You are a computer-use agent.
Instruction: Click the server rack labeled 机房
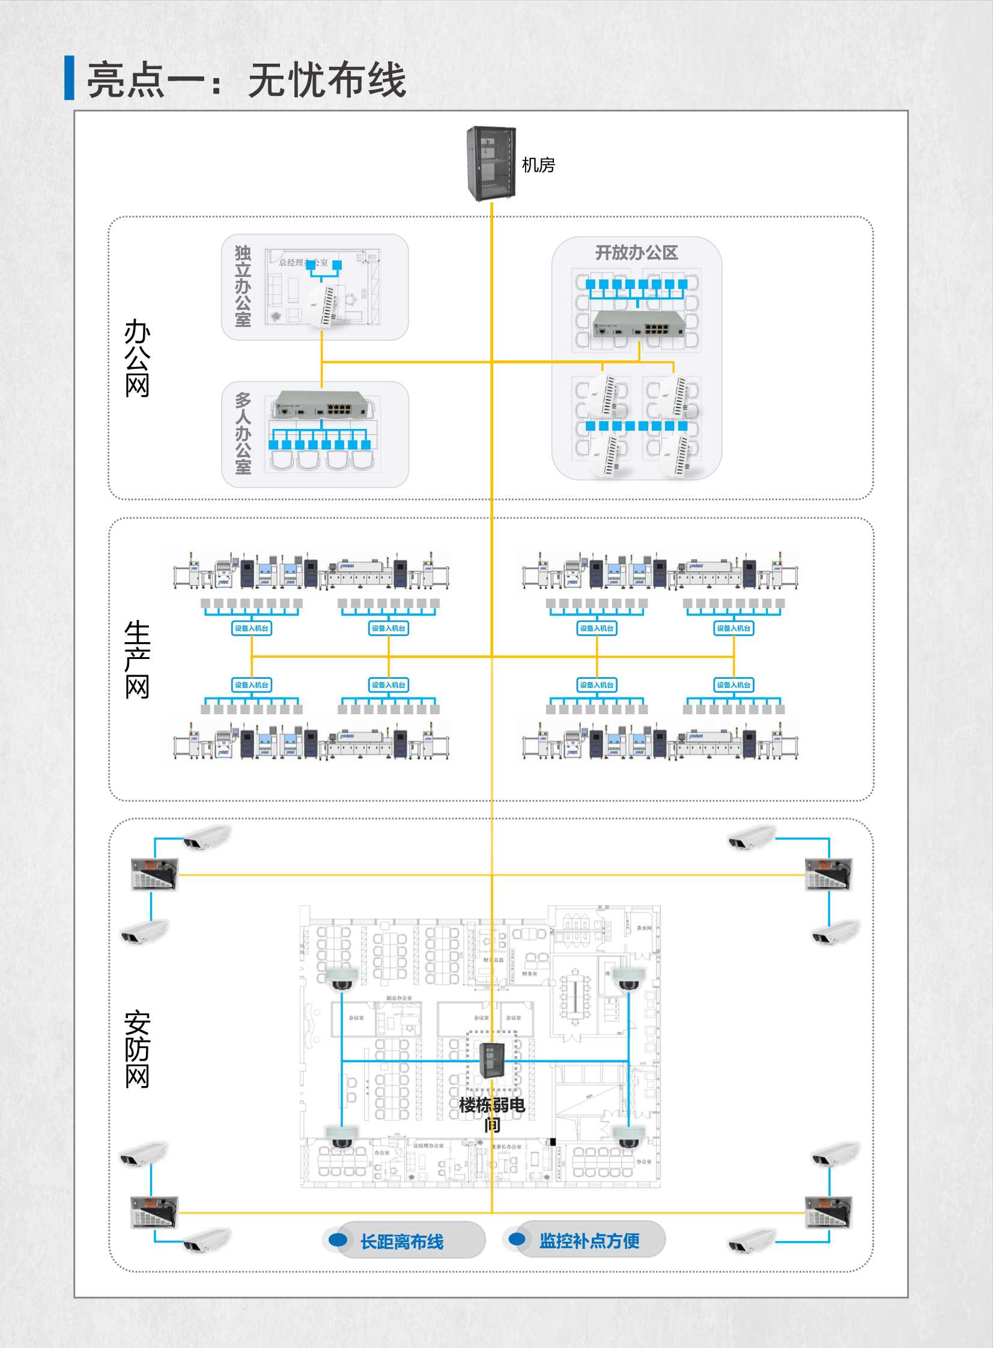coord(491,163)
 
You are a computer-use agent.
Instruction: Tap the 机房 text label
coord(538,165)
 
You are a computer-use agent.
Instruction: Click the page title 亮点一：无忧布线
coord(246,80)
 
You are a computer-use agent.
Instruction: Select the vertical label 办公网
coord(137,358)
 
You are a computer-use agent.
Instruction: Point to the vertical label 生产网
coord(137,659)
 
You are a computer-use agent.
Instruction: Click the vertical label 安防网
coord(137,1049)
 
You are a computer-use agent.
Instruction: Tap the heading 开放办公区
coord(636,253)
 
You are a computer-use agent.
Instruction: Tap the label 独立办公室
coord(242,286)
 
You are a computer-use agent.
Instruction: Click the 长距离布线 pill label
coord(401,1242)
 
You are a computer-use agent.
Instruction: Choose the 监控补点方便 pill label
coord(589,1241)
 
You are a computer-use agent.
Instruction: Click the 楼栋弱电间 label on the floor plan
coord(491,1114)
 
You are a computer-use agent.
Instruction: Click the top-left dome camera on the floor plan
coord(341,978)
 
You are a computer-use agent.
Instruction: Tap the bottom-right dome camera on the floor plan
coord(628,1137)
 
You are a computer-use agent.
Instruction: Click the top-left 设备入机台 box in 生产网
coord(251,628)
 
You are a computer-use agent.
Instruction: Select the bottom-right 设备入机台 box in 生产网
coord(733,685)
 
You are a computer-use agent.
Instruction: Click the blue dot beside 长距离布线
coord(338,1239)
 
